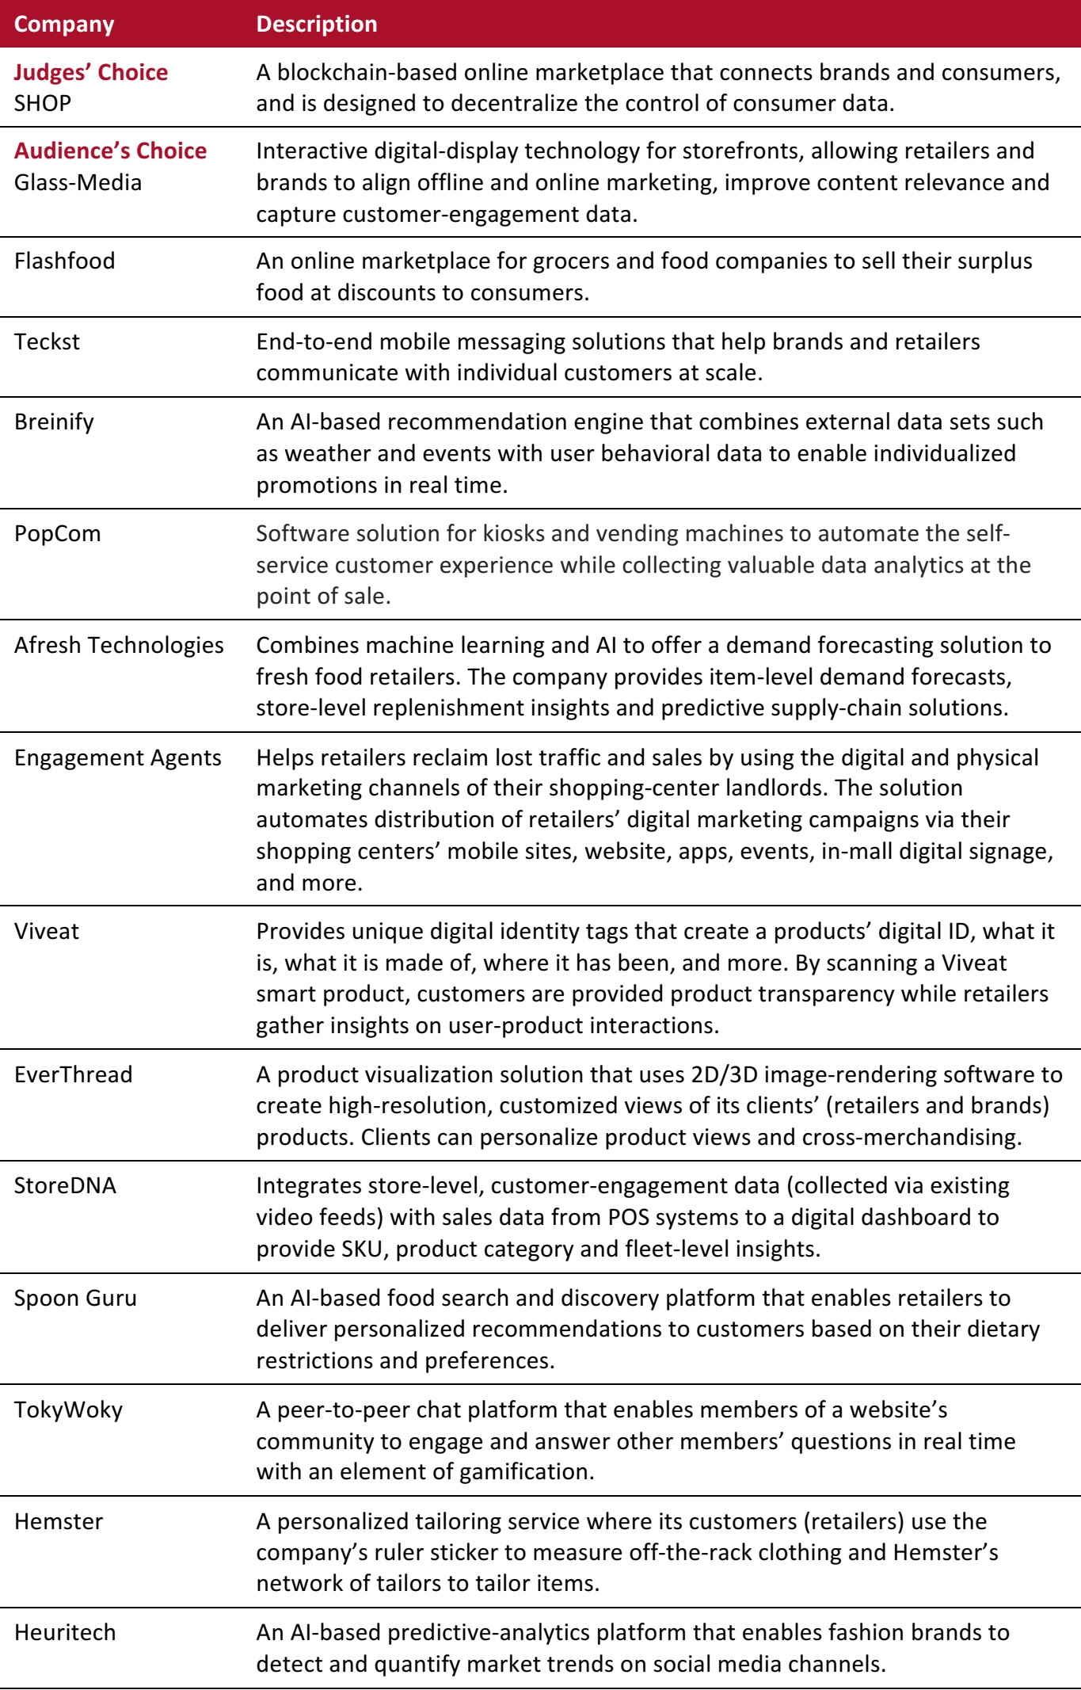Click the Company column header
click(64, 24)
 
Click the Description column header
click(316, 24)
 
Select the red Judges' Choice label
click(91, 72)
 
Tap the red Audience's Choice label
click(110, 151)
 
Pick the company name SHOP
click(43, 103)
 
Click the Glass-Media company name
click(78, 182)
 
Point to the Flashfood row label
click(64, 261)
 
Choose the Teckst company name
click(47, 341)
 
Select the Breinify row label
click(54, 422)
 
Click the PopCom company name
click(58, 533)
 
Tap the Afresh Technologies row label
click(119, 645)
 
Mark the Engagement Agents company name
click(118, 757)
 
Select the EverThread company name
click(74, 1074)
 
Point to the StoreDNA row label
click(65, 1185)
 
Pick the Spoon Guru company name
click(75, 1298)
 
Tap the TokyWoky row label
click(68, 1410)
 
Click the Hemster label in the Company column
click(59, 1521)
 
